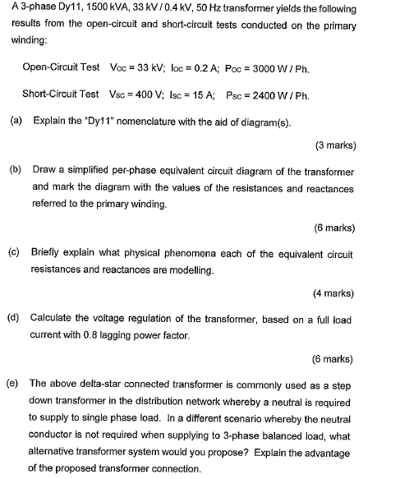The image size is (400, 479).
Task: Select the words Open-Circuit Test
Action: click(62, 67)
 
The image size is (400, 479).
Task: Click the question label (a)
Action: click(16, 121)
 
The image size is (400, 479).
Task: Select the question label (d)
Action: click(16, 317)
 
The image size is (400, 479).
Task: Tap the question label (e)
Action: click(16, 383)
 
